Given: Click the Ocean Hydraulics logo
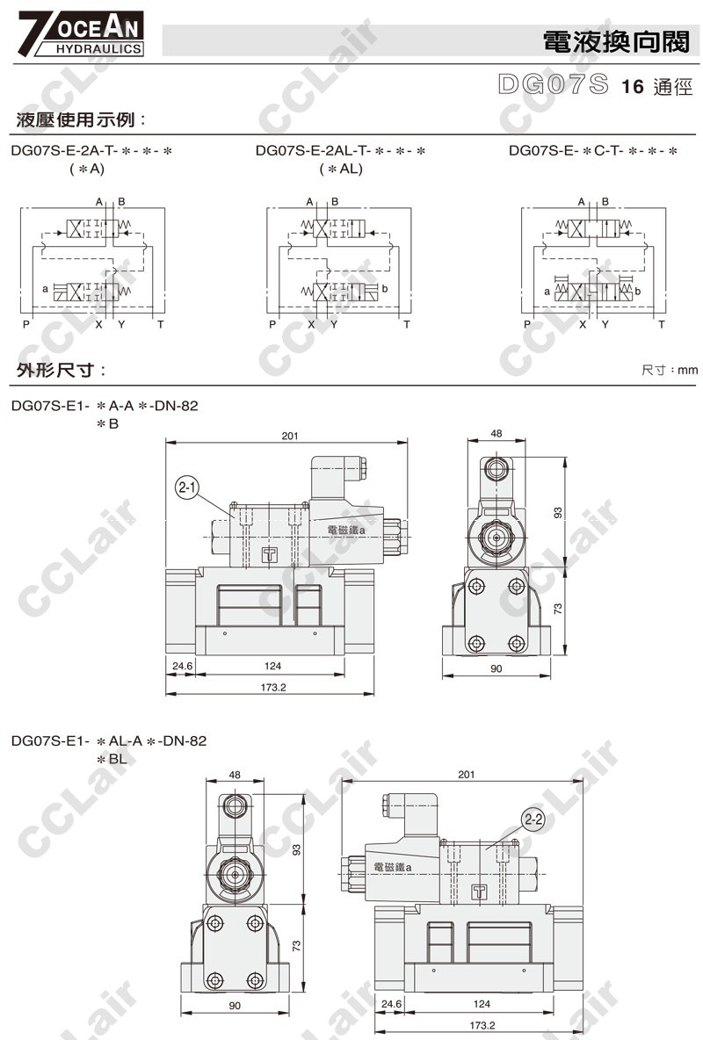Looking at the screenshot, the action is click(x=80, y=33).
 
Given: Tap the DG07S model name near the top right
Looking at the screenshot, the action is click(x=553, y=84).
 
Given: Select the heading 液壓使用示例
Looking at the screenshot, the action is click(x=80, y=120).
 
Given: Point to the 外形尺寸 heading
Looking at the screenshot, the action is click(x=61, y=370).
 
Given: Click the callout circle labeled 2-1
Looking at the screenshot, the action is click(x=187, y=488).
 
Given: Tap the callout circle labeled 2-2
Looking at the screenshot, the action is click(x=533, y=820).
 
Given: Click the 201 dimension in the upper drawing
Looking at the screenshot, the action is click(x=290, y=436).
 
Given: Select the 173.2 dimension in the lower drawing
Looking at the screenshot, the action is click(x=482, y=1025).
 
